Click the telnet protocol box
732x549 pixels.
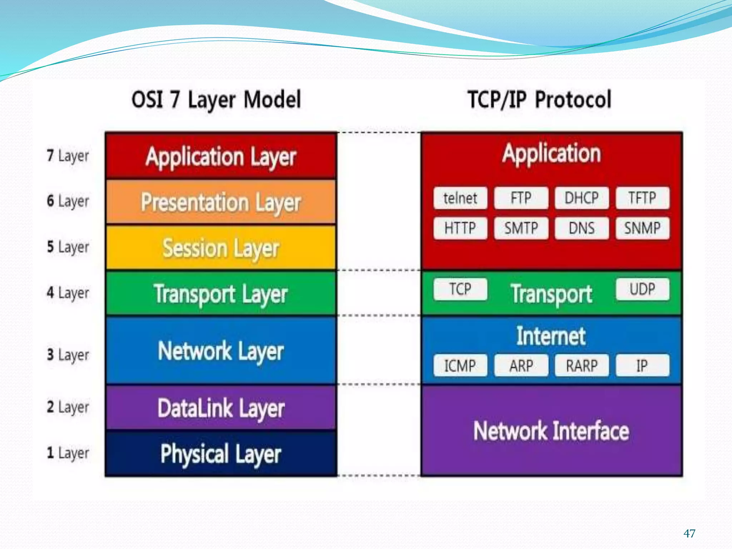click(460, 198)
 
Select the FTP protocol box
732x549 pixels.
click(521, 198)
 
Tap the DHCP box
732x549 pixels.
click(582, 198)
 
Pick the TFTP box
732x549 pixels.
click(642, 198)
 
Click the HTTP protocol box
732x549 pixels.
click(460, 228)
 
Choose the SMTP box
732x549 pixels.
click(521, 228)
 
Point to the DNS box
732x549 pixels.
click(582, 228)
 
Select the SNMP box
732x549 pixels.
click(642, 228)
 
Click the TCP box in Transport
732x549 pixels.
click(460, 289)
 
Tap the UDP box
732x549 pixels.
click(642, 289)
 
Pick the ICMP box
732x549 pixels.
click(460, 365)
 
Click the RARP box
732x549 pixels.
click(582, 365)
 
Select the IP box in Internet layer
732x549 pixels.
click(642, 365)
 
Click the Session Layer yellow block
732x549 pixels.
click(221, 248)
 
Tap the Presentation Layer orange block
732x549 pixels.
click(221, 202)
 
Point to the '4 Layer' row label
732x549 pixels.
click(68, 293)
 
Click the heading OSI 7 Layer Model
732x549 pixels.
click(216, 100)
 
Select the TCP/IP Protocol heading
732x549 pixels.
click(539, 100)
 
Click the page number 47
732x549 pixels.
click(689, 534)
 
